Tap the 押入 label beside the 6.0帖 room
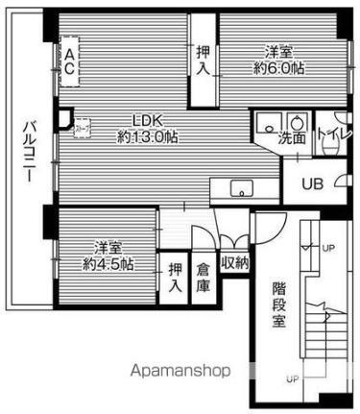(x=203, y=61)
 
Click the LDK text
(x=147, y=120)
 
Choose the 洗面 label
(x=294, y=137)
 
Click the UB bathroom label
(x=312, y=183)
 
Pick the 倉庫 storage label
(x=204, y=278)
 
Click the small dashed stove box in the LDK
(x=81, y=123)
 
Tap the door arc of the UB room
(x=342, y=184)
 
